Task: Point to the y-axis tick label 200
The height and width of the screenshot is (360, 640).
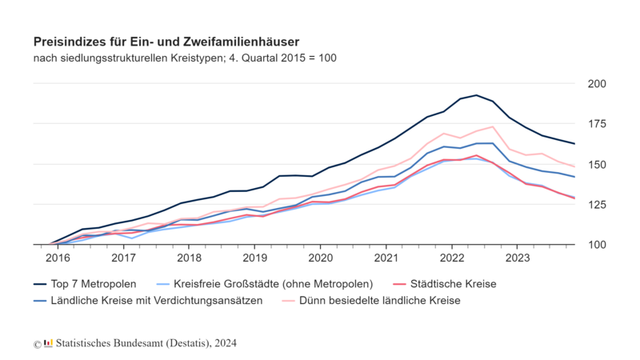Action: click(x=597, y=84)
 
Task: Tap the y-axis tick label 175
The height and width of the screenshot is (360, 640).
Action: click(x=597, y=124)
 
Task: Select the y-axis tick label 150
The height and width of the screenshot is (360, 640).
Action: click(x=597, y=164)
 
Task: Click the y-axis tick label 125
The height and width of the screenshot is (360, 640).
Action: click(x=597, y=205)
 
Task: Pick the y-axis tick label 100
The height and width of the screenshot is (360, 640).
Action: click(x=597, y=245)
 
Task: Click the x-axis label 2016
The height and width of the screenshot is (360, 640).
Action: click(x=58, y=258)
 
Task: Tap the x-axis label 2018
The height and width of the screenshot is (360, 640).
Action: click(x=189, y=258)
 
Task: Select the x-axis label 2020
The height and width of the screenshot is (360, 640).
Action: click(x=320, y=258)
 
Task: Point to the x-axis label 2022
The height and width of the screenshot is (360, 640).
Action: click(x=451, y=258)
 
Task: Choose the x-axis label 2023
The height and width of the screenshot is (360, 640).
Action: click(x=517, y=258)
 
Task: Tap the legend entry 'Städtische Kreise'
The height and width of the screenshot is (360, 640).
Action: click(x=453, y=284)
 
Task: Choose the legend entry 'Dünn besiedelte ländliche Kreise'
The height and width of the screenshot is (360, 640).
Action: click(x=380, y=301)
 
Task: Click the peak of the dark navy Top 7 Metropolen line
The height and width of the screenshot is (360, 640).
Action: click(x=476, y=95)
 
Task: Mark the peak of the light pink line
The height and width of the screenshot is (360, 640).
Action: click(x=492, y=126)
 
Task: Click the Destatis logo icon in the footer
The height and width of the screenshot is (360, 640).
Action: click(x=48, y=343)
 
